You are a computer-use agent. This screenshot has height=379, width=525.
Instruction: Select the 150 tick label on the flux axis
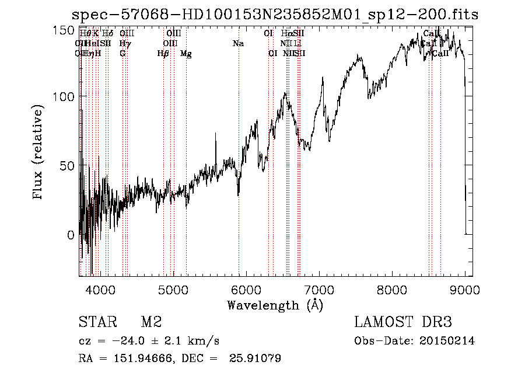(x=64, y=29)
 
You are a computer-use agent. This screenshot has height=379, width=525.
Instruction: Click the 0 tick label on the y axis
(x=71, y=235)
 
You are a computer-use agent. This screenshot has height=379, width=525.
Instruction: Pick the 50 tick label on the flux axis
(x=67, y=166)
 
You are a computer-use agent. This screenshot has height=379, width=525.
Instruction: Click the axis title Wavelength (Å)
(x=275, y=305)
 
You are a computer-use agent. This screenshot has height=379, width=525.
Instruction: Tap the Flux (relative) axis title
(x=38, y=153)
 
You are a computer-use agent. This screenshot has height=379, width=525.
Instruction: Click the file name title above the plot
(x=275, y=14)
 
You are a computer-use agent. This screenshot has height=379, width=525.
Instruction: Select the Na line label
(x=238, y=44)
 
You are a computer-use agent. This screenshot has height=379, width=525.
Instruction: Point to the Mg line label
(x=185, y=54)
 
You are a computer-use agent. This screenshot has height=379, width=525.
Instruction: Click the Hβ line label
(x=163, y=54)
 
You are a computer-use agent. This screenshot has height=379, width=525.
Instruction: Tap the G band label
(x=123, y=54)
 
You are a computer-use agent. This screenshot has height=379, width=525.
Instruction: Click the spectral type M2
(x=150, y=322)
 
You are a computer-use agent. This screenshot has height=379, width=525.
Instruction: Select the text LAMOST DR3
(x=402, y=322)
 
